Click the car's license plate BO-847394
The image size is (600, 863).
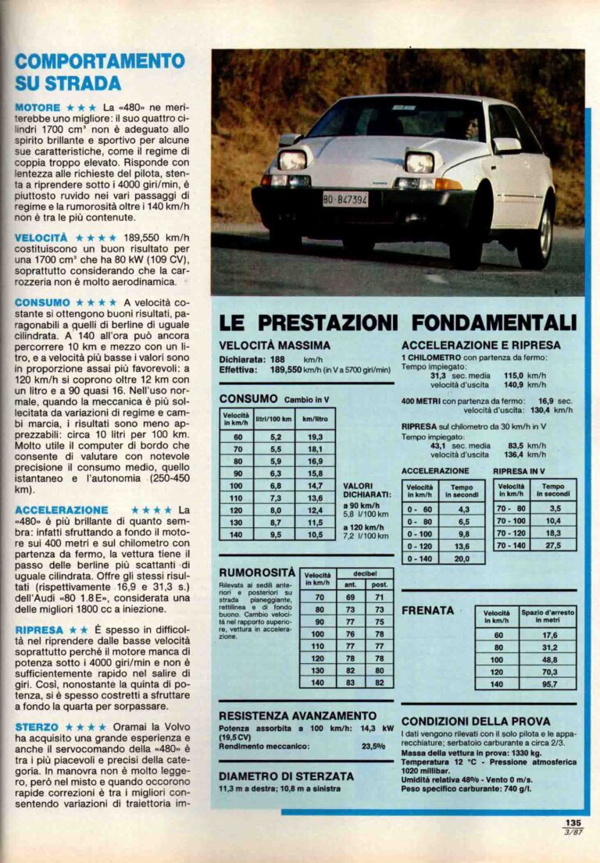click(345, 199)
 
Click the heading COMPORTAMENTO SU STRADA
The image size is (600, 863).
click(100, 72)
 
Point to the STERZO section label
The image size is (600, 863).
click(37, 727)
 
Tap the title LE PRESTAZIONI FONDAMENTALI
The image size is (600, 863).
click(398, 322)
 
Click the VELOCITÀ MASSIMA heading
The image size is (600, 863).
click(274, 344)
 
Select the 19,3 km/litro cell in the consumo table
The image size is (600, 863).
click(314, 437)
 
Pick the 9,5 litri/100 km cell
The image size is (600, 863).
click(264, 534)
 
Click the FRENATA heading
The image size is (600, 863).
click(427, 610)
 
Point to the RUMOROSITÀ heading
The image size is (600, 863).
click(257, 572)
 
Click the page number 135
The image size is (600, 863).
click(574, 822)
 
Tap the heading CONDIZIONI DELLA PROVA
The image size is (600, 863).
click(476, 721)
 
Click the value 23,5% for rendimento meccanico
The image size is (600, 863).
click(373, 746)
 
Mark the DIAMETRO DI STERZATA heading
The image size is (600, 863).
click(286, 776)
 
